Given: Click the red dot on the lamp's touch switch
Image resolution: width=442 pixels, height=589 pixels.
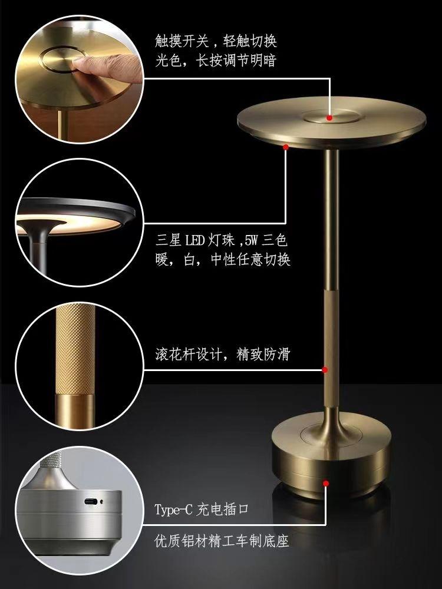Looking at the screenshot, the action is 329,118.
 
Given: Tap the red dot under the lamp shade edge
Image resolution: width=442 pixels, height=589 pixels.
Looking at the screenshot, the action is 286,147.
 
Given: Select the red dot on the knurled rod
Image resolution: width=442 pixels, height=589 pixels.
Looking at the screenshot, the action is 325,370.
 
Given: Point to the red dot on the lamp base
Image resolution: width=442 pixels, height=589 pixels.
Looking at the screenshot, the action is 326,484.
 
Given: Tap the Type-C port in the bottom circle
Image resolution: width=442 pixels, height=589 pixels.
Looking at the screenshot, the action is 90,501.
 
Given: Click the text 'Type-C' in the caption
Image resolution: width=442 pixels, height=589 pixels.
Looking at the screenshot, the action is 173,509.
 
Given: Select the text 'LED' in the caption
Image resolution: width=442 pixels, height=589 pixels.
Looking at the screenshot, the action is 194,240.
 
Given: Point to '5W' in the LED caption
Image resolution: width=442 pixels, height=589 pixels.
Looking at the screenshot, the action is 252,240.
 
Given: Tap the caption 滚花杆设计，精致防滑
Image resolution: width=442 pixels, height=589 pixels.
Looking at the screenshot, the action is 223,354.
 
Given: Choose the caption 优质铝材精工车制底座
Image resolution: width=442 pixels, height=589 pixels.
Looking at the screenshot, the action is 222,541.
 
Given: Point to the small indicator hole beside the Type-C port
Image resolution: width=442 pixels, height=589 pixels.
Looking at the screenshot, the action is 101,501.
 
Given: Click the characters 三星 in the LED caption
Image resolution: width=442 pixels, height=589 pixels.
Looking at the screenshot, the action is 169,240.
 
